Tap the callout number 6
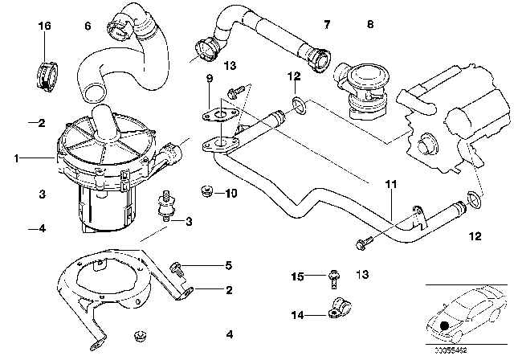[x=88, y=26]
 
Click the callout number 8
[x=369, y=26]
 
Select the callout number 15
[x=298, y=277]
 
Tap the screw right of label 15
[x=330, y=279]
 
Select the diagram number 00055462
[x=451, y=350]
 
